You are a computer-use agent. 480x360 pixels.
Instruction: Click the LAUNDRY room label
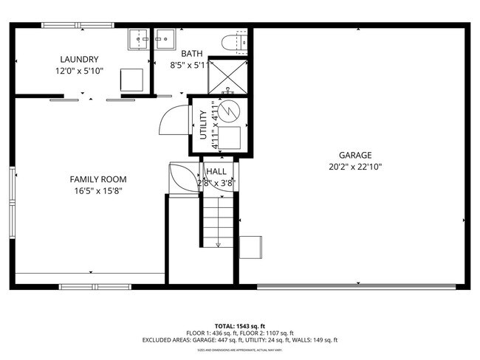click(79, 60)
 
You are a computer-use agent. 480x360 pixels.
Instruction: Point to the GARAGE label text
click(355, 155)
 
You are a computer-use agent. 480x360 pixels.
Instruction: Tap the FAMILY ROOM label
click(97, 179)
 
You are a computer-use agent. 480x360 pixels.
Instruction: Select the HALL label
click(216, 171)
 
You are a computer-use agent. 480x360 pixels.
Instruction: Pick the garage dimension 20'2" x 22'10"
click(355, 167)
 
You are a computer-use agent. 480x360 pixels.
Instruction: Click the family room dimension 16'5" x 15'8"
click(97, 191)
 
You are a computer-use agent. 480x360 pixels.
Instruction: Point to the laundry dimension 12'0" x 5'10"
click(79, 72)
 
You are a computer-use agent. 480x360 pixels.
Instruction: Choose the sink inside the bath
click(163, 39)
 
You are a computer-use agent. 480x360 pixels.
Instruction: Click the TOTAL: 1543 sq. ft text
click(240, 325)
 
